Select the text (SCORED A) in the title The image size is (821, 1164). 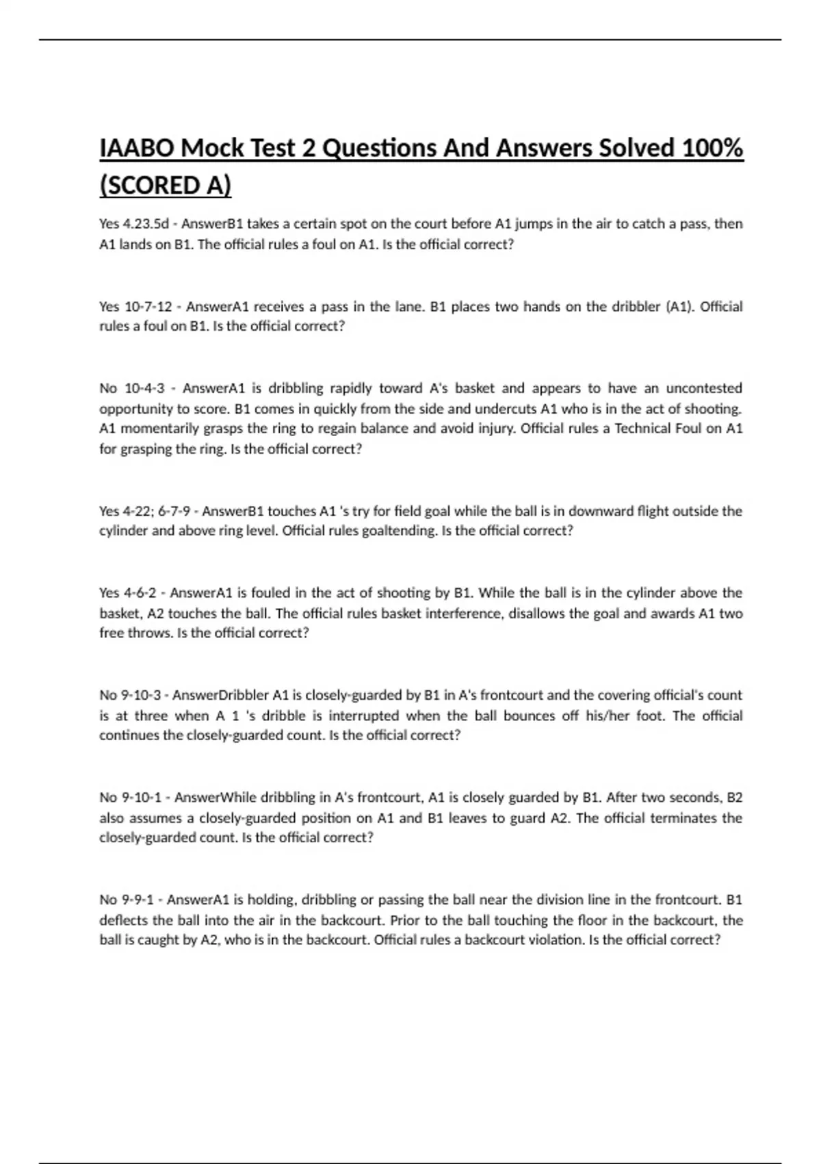166,186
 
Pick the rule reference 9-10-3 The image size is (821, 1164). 141,695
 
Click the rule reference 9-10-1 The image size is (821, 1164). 142,797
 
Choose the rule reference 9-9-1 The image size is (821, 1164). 138,899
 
